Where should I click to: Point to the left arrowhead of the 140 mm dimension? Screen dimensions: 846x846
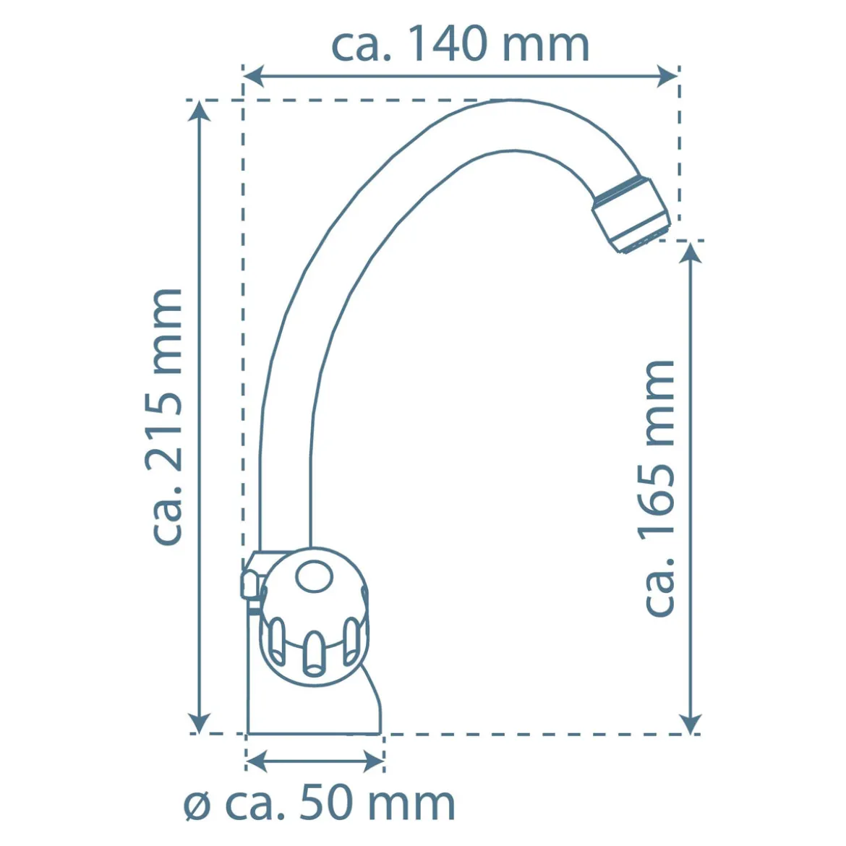254,76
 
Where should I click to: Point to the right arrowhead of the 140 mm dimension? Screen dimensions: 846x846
667,76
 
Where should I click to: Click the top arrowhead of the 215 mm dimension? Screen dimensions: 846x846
200,111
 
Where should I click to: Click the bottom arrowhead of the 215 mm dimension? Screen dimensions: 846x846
199,723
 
